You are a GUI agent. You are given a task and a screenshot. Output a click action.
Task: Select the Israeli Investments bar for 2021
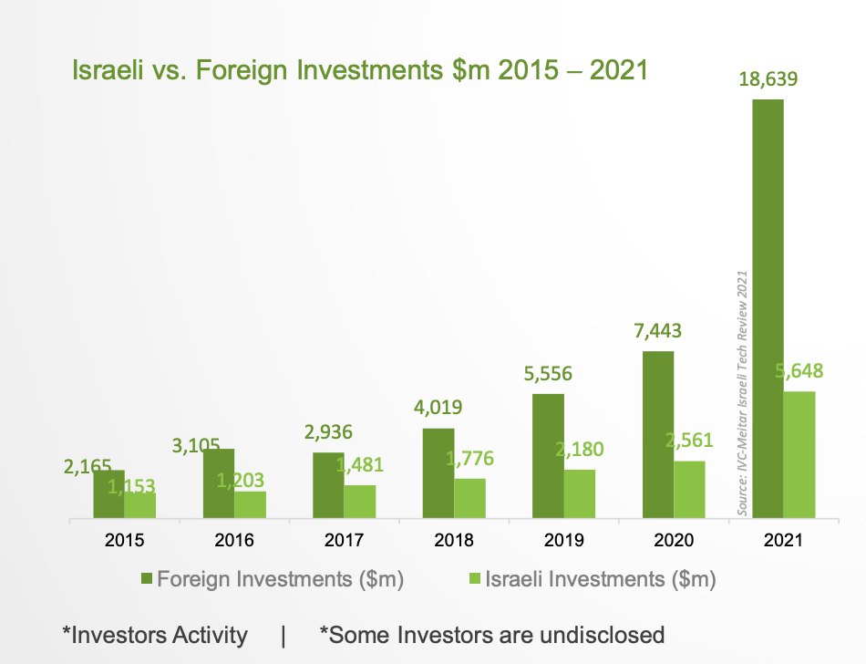tap(799, 455)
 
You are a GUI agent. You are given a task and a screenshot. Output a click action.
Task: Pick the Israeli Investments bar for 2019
tap(580, 494)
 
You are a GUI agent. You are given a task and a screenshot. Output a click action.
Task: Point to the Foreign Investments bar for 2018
tap(438, 473)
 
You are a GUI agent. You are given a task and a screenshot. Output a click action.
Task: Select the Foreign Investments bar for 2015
tap(108, 494)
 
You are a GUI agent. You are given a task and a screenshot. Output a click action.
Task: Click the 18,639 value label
tap(767, 80)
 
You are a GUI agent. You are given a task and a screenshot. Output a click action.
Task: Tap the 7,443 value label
tap(657, 330)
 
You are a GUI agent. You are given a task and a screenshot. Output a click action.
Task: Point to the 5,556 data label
tap(548, 373)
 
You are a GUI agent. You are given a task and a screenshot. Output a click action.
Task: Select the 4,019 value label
tap(438, 408)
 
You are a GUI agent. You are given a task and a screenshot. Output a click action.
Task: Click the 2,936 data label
tap(329, 431)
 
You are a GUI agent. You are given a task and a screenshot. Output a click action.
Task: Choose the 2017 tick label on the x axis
tap(345, 540)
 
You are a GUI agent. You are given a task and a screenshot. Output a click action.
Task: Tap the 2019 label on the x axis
tap(563, 540)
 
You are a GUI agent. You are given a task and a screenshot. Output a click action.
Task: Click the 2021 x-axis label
tap(783, 540)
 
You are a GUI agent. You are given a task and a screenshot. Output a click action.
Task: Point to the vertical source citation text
tap(742, 393)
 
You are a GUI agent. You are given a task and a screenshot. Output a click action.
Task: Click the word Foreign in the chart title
tap(240, 70)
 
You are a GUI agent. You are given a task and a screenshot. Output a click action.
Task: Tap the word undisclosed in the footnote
tap(599, 635)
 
